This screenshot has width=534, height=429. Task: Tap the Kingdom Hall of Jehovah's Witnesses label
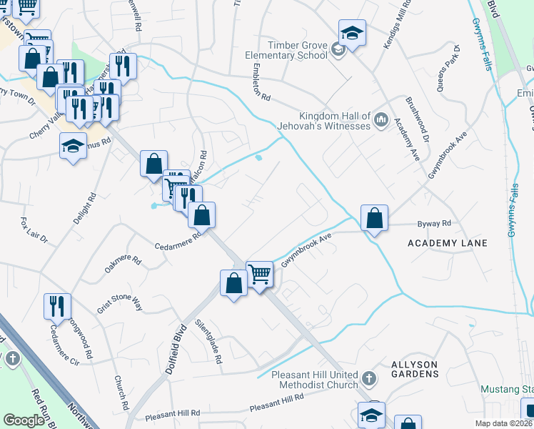point(334,121)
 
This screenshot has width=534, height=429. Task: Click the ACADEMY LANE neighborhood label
point(448,243)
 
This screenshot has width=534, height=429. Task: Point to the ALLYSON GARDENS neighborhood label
point(415,369)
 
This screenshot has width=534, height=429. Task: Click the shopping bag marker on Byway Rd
point(374,218)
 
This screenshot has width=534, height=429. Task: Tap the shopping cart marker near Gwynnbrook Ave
point(259,274)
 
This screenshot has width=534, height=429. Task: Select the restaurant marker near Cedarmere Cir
point(57,305)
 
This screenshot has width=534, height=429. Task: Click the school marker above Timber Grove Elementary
point(351,32)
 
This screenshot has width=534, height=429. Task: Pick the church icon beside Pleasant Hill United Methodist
point(368,377)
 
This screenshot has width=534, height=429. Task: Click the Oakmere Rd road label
point(124,265)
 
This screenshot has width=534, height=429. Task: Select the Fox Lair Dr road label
point(34,229)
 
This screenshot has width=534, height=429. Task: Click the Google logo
point(24,420)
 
